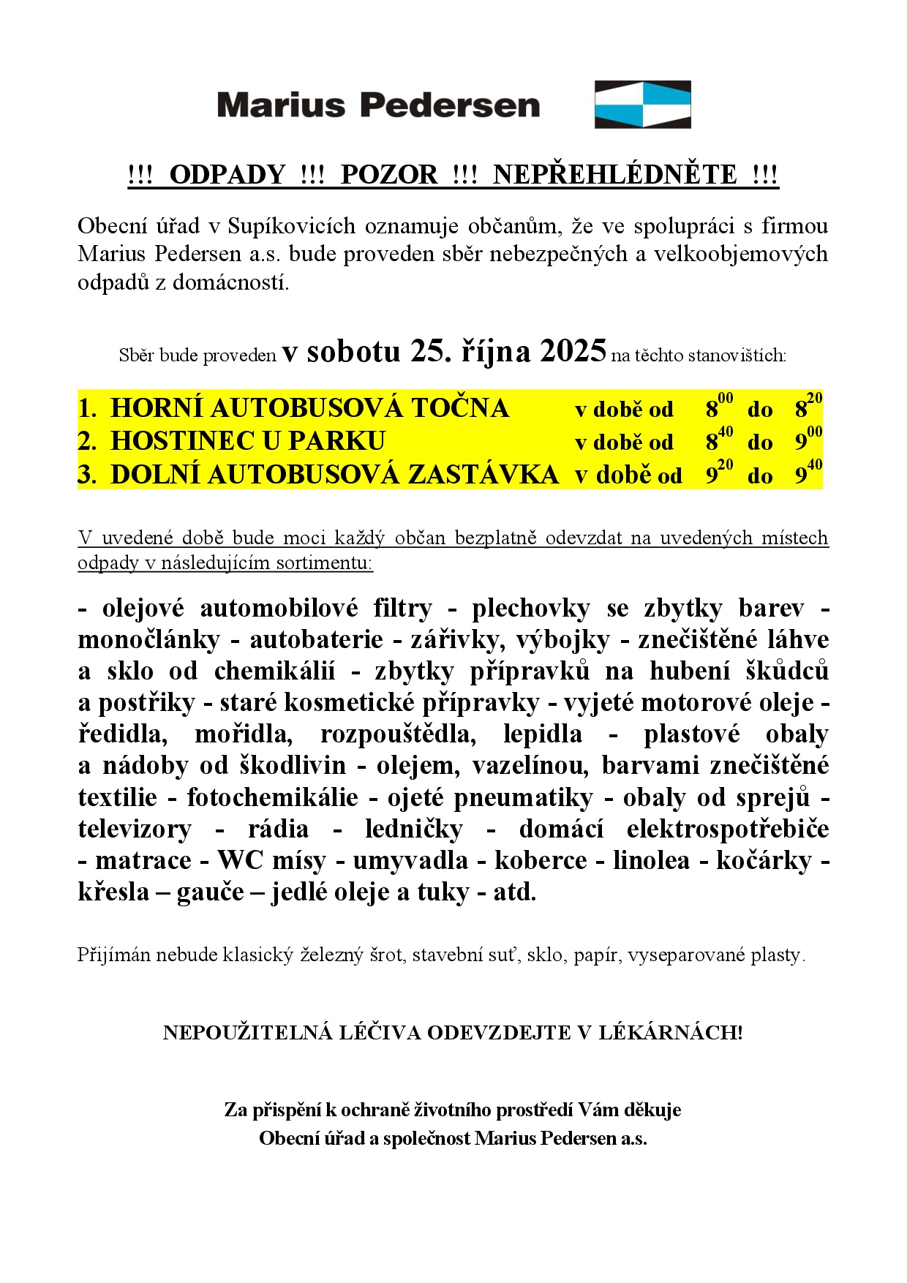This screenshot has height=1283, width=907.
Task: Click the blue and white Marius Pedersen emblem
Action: tap(642, 105)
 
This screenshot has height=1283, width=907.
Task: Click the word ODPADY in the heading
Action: tap(227, 175)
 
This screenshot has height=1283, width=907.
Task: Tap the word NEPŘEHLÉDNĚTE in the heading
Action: tap(615, 175)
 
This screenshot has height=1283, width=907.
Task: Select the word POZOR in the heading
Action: tap(389, 175)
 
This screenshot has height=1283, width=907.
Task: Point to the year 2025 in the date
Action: tap(573, 351)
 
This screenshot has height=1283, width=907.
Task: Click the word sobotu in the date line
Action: tap(353, 352)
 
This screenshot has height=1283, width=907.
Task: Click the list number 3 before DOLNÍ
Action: tap(86, 475)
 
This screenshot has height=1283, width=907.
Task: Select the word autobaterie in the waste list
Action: tap(316, 639)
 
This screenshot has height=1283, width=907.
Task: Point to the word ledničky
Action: tap(414, 829)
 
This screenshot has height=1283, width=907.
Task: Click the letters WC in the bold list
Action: tap(240, 860)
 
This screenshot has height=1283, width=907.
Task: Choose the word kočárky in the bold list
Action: tap(764, 860)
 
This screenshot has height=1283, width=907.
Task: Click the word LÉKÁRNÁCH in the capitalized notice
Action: tap(671, 1032)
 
